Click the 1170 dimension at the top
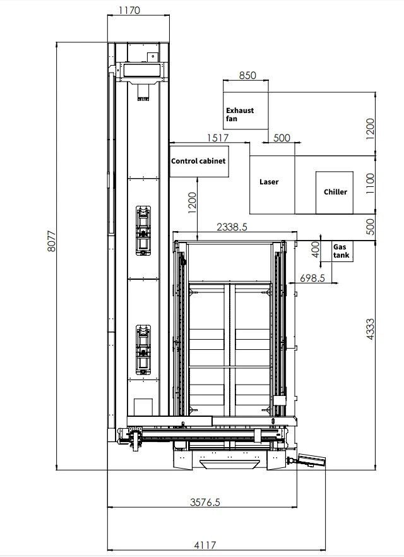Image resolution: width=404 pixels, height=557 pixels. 129,10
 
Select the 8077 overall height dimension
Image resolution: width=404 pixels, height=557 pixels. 52,241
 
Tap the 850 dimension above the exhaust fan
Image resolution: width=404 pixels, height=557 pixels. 247,75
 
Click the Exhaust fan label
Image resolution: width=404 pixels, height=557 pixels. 240,114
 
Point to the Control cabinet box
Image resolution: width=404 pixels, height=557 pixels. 199,161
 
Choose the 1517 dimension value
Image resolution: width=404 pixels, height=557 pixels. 218,138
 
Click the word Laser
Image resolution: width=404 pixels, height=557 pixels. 269,182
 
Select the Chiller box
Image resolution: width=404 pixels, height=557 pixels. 335,193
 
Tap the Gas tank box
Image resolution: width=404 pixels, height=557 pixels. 342,251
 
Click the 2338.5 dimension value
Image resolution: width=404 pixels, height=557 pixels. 232,227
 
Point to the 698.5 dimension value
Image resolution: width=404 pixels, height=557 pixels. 312,278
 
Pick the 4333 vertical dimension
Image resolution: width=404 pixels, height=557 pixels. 370,329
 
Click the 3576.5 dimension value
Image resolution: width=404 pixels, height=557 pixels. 205,502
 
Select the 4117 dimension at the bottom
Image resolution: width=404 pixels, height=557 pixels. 205,544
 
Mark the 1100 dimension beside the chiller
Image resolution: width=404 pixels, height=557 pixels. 370,184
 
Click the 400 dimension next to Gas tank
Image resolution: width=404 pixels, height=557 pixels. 315,249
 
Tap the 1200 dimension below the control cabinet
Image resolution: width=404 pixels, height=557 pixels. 192,203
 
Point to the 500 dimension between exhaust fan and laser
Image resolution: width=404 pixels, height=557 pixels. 282,138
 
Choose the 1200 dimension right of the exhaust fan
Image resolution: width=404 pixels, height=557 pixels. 370,129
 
